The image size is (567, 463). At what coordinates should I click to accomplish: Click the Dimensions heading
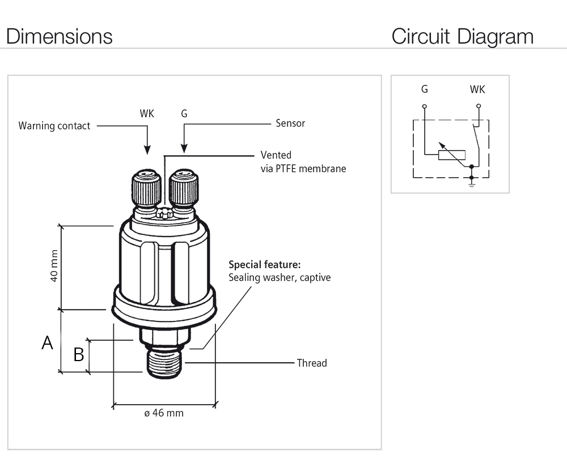(59, 36)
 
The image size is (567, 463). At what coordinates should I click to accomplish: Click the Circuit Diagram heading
(462, 36)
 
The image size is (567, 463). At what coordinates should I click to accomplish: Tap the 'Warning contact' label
(54, 126)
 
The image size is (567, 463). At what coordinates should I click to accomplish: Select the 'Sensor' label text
(290, 123)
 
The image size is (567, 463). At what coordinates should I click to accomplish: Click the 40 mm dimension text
(54, 266)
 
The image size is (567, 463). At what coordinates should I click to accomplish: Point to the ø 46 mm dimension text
(164, 413)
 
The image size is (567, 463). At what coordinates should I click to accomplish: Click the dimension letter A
(48, 343)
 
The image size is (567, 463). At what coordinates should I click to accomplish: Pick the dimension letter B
(79, 355)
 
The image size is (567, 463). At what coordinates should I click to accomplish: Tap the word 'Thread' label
(312, 363)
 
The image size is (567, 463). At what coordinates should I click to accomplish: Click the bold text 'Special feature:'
(264, 264)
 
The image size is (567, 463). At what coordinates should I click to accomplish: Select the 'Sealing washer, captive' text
(279, 278)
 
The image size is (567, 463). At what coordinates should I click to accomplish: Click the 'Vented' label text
(276, 155)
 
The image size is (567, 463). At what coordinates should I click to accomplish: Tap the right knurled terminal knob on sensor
(184, 188)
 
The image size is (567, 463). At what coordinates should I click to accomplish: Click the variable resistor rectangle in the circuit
(452, 155)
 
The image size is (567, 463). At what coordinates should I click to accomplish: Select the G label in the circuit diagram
(425, 89)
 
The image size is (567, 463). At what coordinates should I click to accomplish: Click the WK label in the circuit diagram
(477, 89)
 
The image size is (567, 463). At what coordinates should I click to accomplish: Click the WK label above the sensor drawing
(147, 113)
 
